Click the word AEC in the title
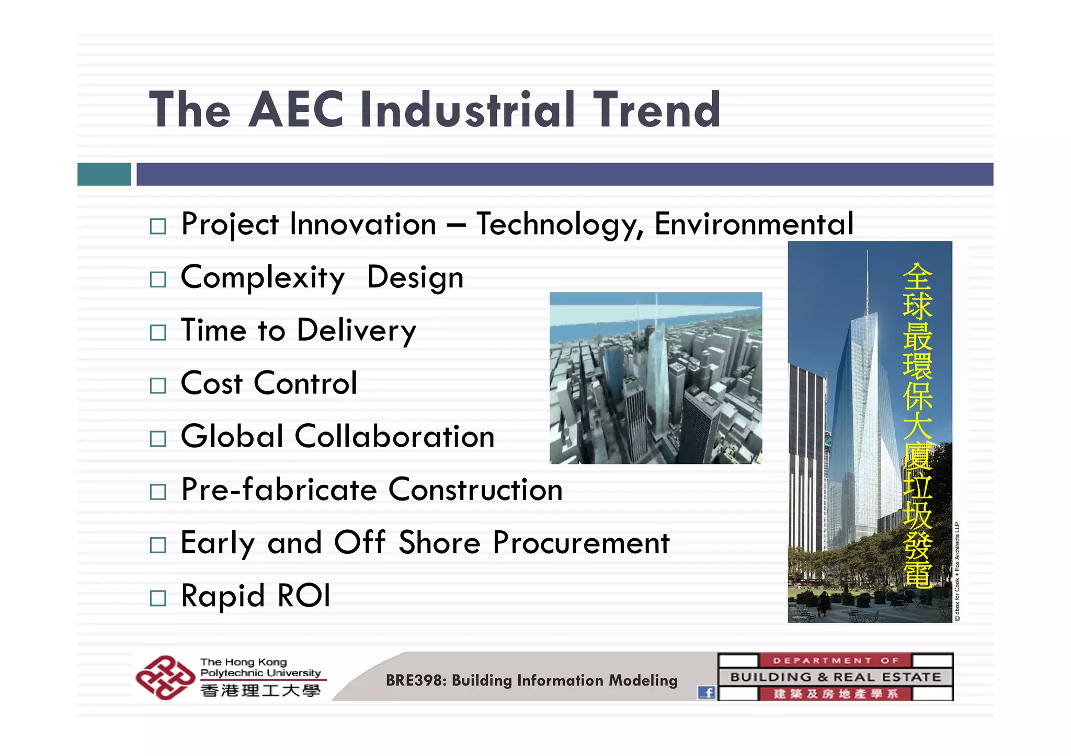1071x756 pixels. tap(296, 110)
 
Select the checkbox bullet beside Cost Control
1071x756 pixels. tap(157, 386)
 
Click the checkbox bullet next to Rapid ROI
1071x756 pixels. tap(157, 598)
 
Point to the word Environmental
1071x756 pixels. tap(754, 224)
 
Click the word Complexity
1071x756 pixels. tap(263, 277)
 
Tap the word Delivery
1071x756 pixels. tap(356, 331)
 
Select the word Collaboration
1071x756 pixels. tap(394, 437)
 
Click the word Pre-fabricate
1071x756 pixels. tap(279, 490)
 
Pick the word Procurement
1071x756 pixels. tap(581, 543)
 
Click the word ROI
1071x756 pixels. tap(304, 596)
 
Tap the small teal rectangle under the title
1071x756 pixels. tap(104, 174)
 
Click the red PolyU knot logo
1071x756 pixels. tap(165, 677)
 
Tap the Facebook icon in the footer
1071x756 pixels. tap(707, 693)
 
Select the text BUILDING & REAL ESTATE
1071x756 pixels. tap(835, 677)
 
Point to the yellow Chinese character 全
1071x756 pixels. tap(917, 276)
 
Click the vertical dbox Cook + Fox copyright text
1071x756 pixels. tap(957, 572)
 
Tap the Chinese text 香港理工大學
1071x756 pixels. tap(260, 691)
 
